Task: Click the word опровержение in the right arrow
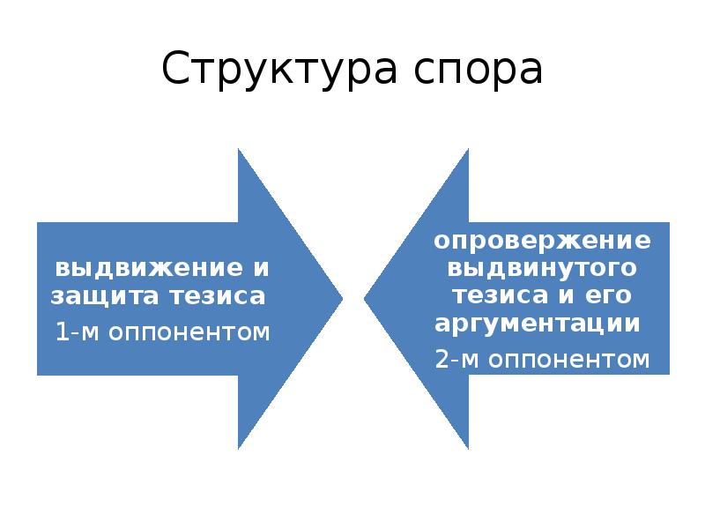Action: (542, 240)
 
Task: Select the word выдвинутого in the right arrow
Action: (542, 266)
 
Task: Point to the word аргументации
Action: (537, 323)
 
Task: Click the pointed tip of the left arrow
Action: (341, 299)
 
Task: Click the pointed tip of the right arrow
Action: (365, 299)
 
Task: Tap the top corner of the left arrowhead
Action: (239, 150)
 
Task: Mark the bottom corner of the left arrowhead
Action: (239, 448)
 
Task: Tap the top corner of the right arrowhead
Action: (467, 150)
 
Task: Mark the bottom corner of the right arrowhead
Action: (467, 448)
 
